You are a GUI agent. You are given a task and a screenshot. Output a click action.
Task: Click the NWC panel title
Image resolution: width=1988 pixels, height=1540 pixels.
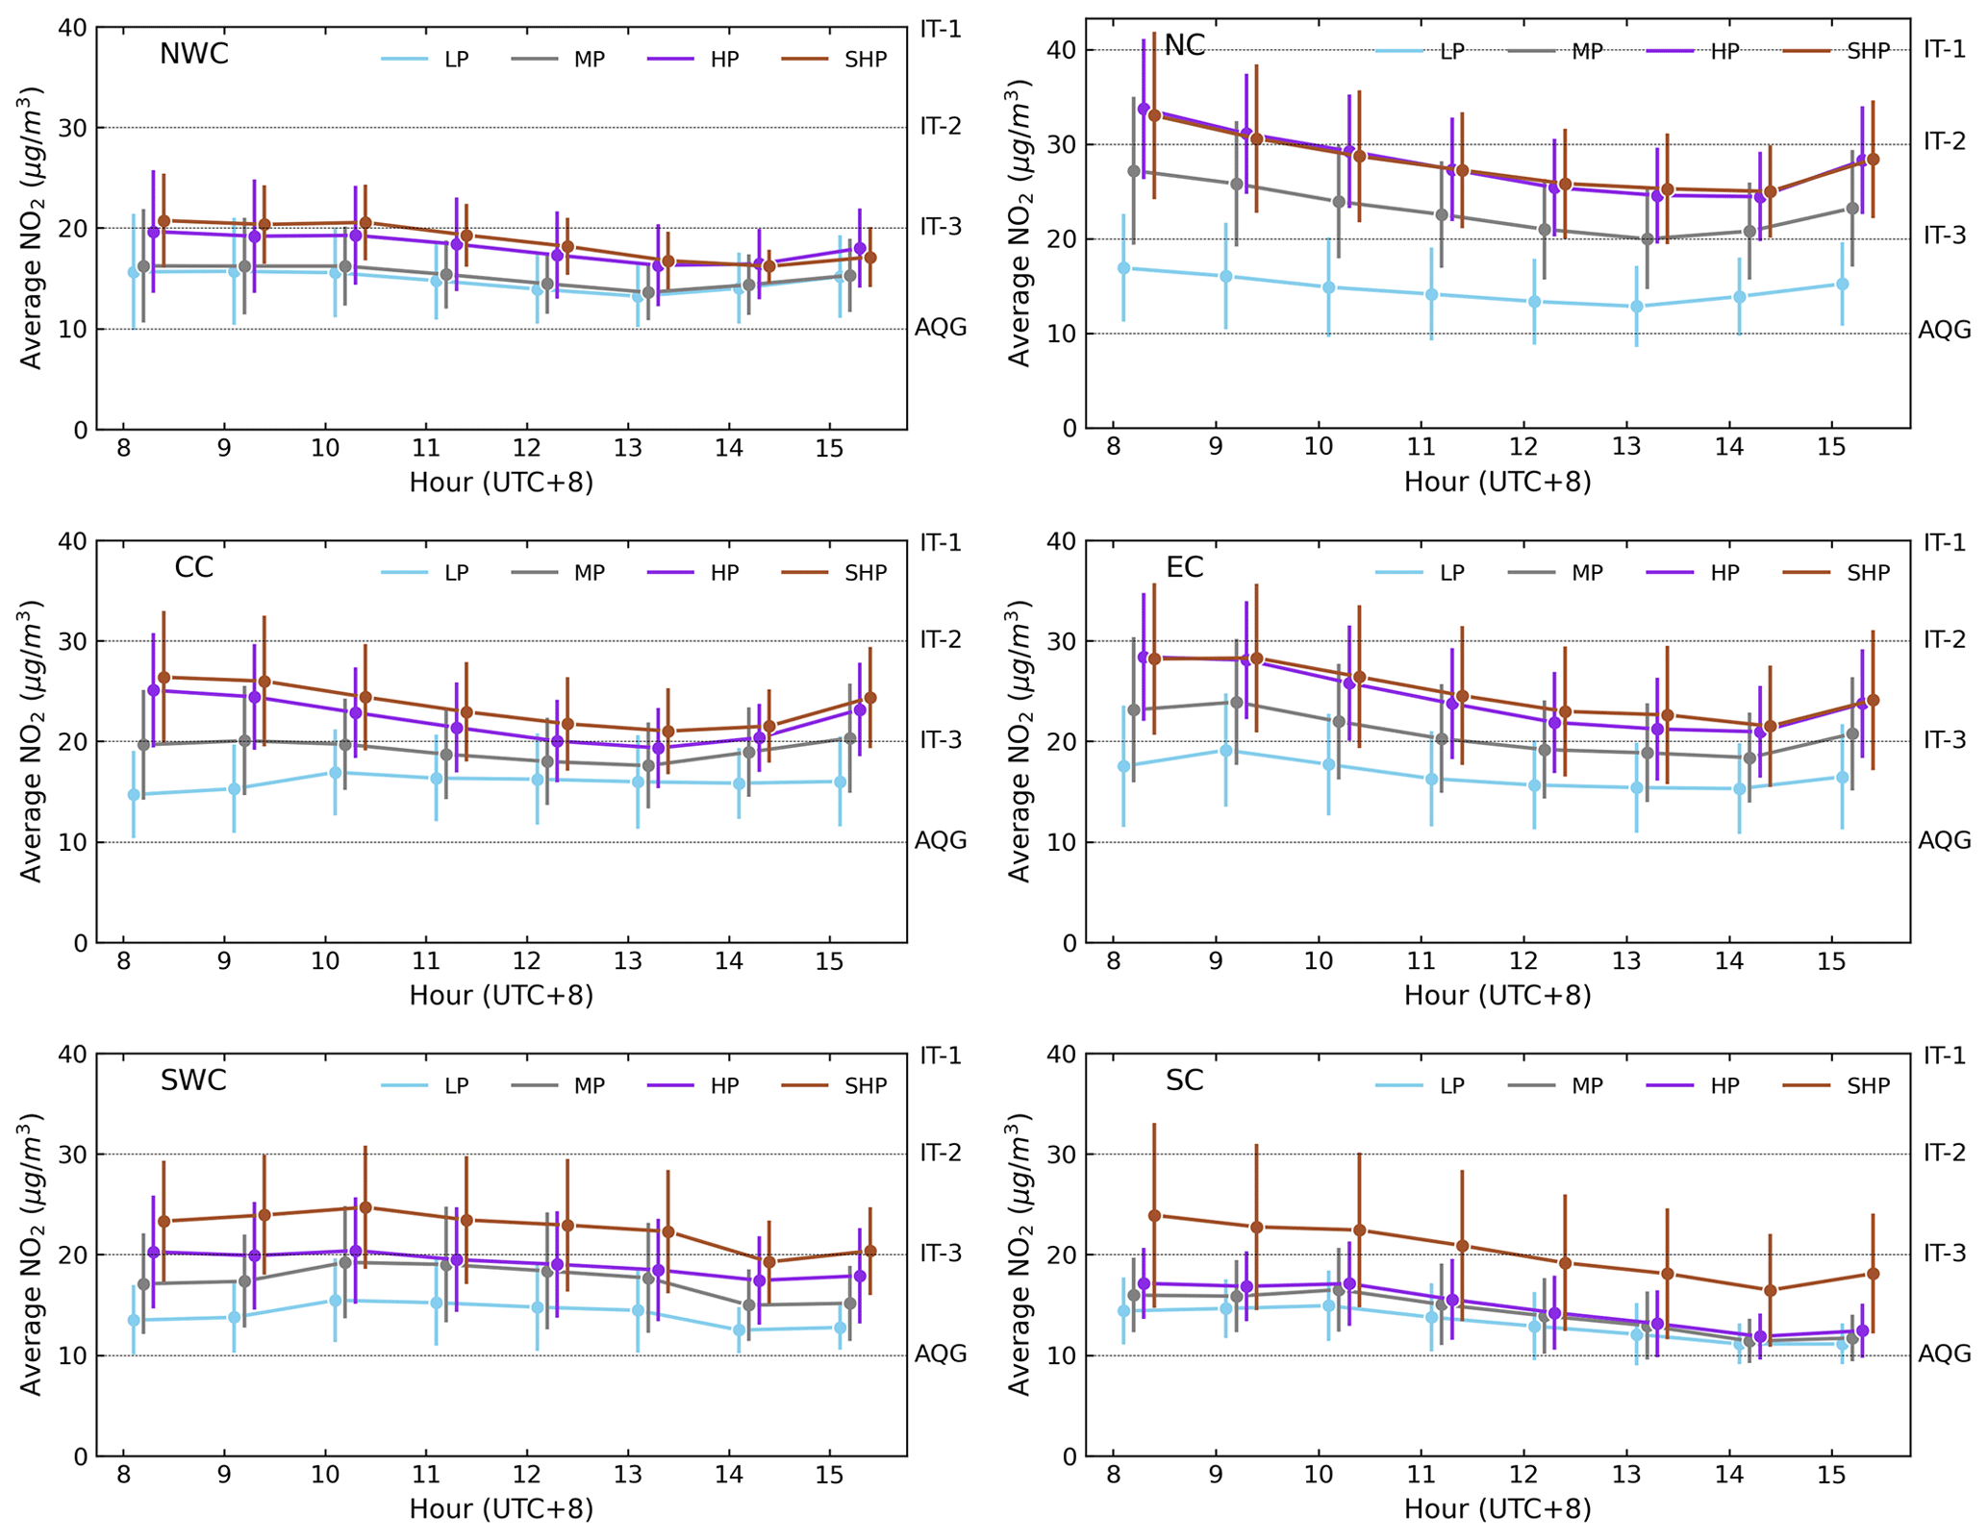click(x=193, y=54)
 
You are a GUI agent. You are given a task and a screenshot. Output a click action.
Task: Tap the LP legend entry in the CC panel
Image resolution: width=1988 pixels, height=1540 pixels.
click(x=456, y=573)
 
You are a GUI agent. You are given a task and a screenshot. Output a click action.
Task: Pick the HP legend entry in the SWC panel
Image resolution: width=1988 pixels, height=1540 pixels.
click(x=724, y=1086)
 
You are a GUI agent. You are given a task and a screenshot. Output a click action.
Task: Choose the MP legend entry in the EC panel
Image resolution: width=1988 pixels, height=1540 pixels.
click(x=1587, y=573)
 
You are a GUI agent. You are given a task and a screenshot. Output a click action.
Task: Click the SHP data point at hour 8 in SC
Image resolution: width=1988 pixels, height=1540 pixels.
click(x=1154, y=1216)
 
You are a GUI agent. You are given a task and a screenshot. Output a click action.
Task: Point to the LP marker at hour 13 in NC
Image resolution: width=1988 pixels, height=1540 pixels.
click(x=1636, y=307)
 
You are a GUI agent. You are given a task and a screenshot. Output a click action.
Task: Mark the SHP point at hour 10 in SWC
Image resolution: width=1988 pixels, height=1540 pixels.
click(x=365, y=1207)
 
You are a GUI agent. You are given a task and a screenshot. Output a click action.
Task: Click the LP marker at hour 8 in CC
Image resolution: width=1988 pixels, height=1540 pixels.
click(x=134, y=795)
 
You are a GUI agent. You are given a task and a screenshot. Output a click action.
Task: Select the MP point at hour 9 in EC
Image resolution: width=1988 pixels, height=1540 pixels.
click(x=1237, y=703)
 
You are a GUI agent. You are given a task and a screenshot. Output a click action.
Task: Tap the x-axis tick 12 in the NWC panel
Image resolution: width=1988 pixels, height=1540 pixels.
click(x=526, y=449)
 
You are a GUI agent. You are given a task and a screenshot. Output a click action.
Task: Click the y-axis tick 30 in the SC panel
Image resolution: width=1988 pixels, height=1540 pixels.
click(x=1063, y=1155)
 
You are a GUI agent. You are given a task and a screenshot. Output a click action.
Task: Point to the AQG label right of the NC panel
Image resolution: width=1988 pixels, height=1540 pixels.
click(x=1945, y=331)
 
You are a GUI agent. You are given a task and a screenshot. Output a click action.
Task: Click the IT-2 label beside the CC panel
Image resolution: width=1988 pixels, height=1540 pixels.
click(x=941, y=640)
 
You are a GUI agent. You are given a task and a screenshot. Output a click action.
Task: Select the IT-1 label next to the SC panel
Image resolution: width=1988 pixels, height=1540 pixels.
click(x=1945, y=1056)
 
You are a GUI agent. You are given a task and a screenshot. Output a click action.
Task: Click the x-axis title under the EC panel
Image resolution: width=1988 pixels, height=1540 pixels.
click(x=1497, y=996)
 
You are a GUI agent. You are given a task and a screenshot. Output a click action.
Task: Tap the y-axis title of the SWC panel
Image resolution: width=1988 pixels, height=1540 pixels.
click(x=33, y=1254)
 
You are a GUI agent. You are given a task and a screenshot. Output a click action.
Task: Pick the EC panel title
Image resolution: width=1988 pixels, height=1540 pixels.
click(x=1184, y=567)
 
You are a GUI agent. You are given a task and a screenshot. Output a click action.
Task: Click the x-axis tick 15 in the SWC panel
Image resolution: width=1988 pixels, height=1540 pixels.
click(x=829, y=1476)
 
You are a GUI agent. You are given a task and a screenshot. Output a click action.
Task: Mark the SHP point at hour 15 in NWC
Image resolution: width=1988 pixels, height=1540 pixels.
click(x=870, y=258)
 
